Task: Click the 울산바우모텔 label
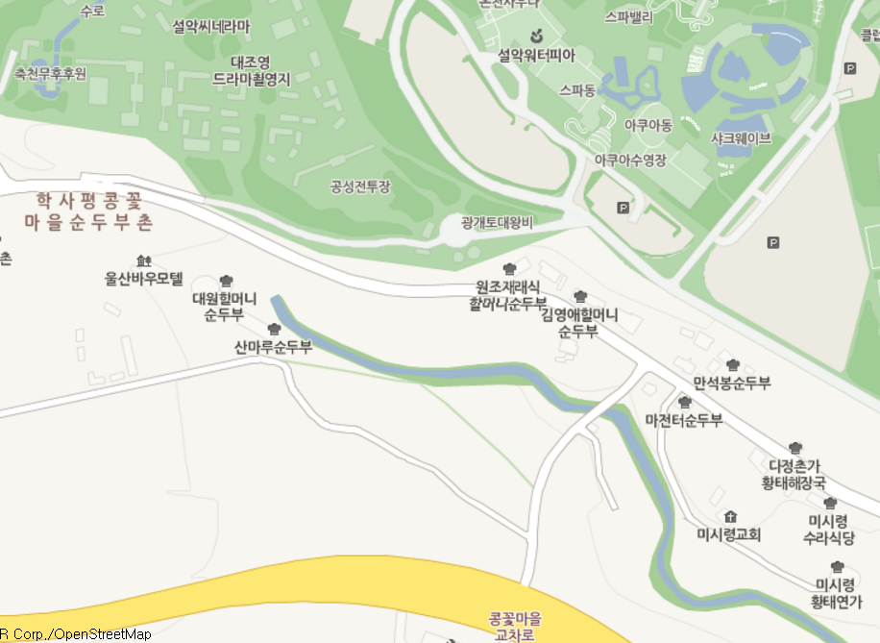pyautogui.click(x=143, y=279)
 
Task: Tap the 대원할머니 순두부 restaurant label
pyautogui.click(x=225, y=305)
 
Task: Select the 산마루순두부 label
pyautogui.click(x=274, y=346)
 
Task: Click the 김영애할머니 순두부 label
pyautogui.click(x=578, y=323)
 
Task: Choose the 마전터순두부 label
pyautogui.click(x=683, y=420)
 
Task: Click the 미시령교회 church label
pyautogui.click(x=729, y=534)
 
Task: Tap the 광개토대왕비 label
pyautogui.click(x=496, y=223)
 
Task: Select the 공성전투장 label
pyautogui.click(x=360, y=186)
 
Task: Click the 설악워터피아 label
pyautogui.click(x=536, y=57)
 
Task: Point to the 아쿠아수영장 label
pyautogui.click(x=630, y=161)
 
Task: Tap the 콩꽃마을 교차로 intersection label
pyautogui.click(x=515, y=626)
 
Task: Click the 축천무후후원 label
pyautogui.click(x=50, y=73)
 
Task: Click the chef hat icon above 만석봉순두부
pyautogui.click(x=733, y=364)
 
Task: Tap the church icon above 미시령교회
pyautogui.click(x=730, y=517)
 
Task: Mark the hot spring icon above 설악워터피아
pyautogui.click(x=536, y=37)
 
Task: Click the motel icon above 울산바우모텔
pyautogui.click(x=144, y=260)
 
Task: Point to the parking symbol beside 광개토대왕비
pyautogui.click(x=623, y=207)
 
